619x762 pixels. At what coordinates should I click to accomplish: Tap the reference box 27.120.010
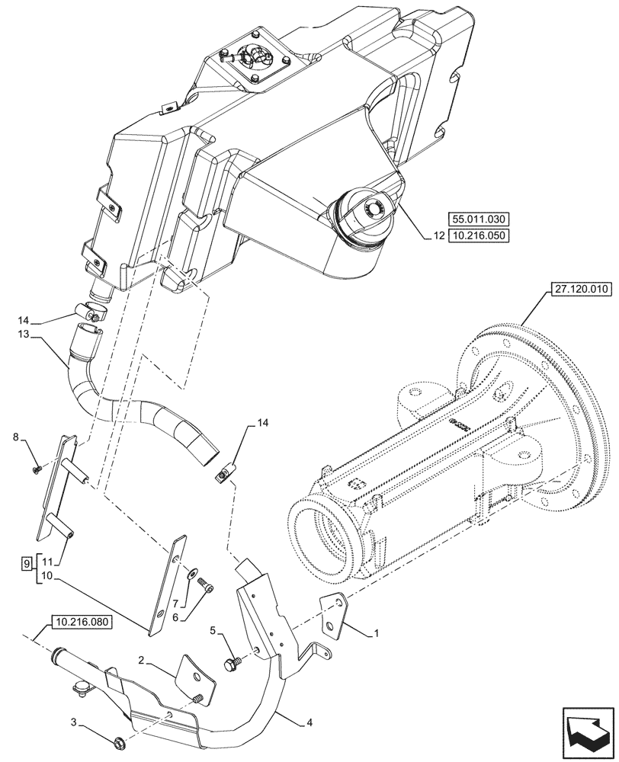click(x=579, y=290)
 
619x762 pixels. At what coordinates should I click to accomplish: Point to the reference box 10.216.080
click(x=82, y=622)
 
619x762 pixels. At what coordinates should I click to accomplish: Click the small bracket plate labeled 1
click(x=332, y=614)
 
